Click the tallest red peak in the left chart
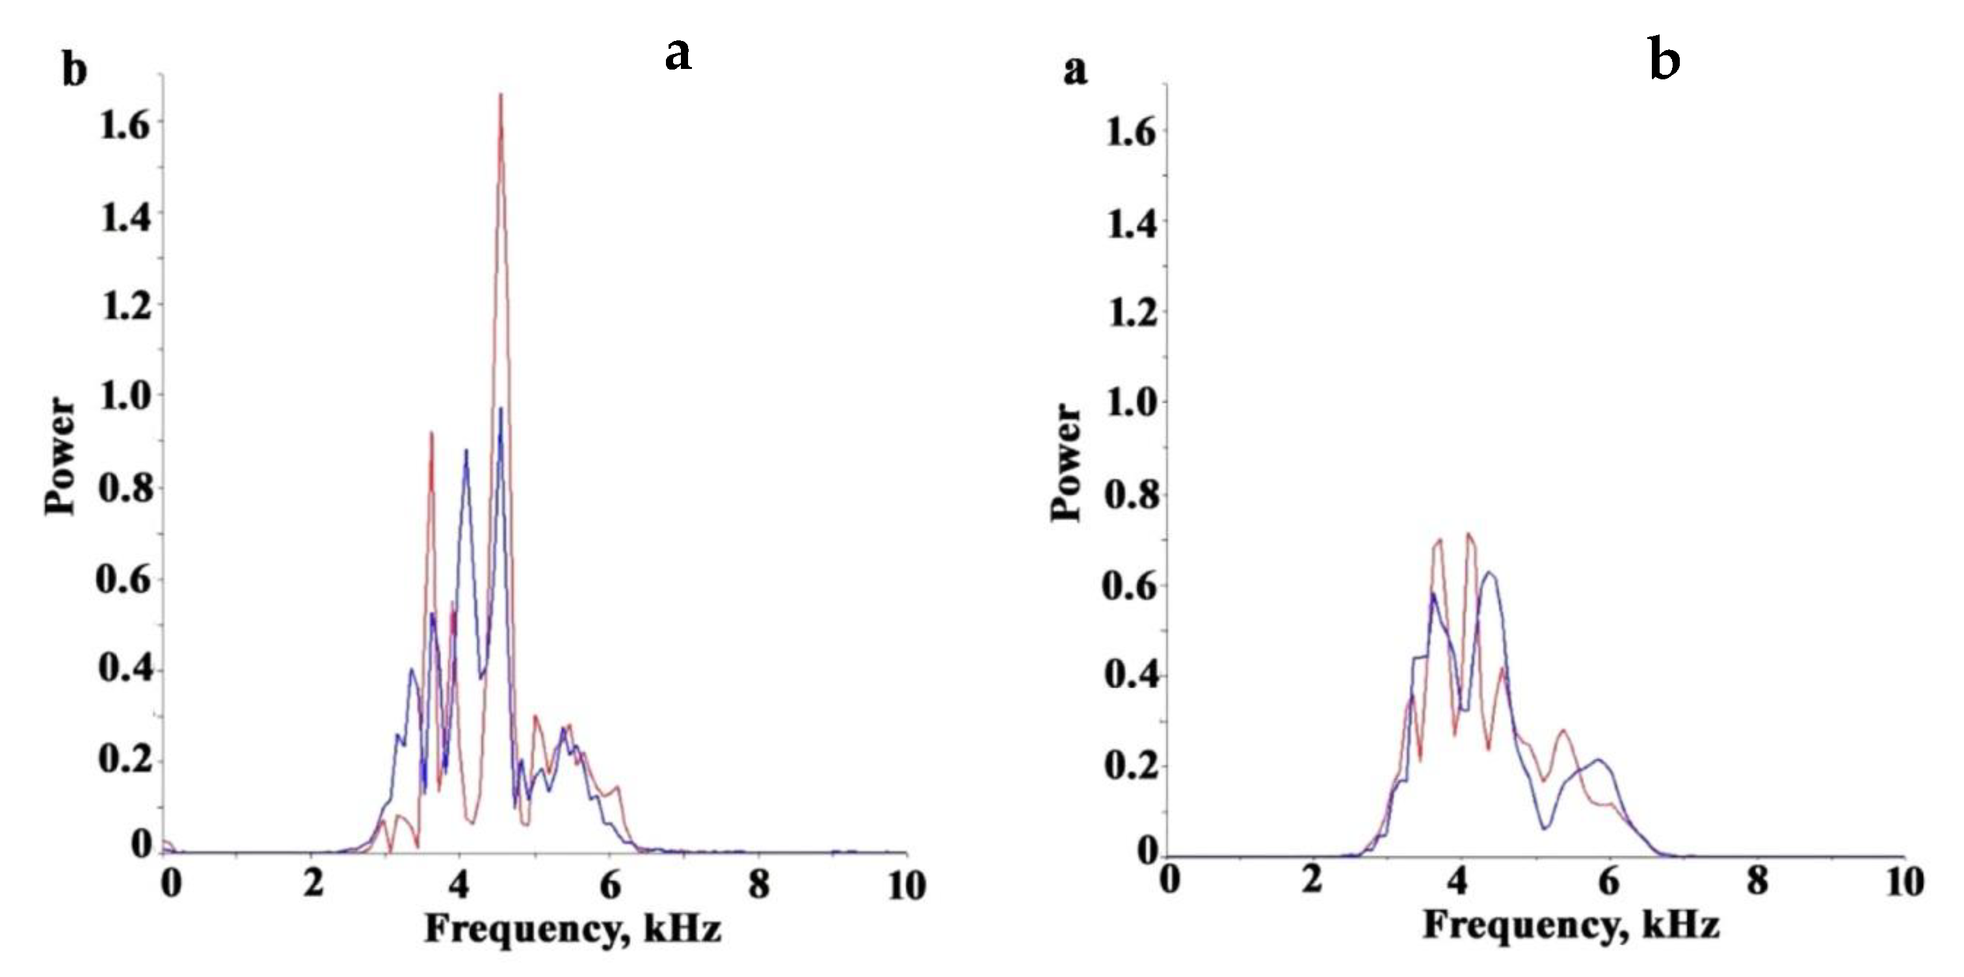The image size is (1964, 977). (501, 96)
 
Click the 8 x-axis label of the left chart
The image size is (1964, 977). (758, 885)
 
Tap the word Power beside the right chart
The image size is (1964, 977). (1066, 462)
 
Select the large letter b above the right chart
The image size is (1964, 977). (1664, 59)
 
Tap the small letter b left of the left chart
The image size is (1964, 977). (74, 71)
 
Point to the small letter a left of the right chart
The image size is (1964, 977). (1075, 71)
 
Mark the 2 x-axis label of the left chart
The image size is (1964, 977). (313, 885)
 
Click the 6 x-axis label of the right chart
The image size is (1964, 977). (1609, 883)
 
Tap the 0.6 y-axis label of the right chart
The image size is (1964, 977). (1132, 585)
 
